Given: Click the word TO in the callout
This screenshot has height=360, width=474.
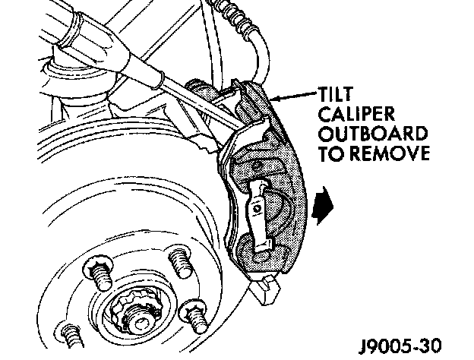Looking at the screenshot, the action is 333,154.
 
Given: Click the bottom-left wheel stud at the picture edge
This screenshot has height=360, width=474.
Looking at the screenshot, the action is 72,336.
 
